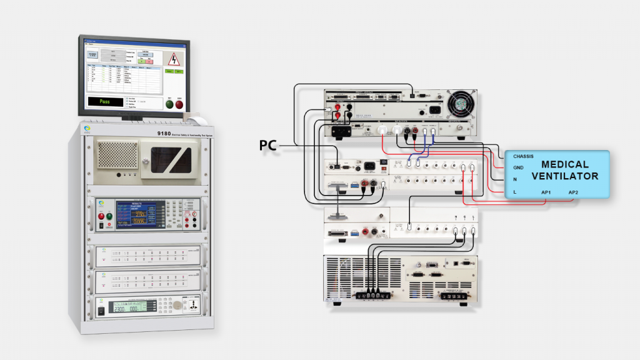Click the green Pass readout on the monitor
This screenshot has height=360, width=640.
pos(105,101)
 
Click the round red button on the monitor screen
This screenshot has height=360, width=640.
pos(180,104)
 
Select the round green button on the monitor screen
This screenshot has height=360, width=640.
pos(169,104)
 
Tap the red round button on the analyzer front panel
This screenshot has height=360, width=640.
pos(101,216)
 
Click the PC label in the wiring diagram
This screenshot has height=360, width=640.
pos(267,146)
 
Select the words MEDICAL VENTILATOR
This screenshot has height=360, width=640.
pos(564,169)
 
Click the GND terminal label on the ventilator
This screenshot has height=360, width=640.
pos(518,167)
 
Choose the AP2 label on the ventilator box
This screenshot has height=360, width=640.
pos(574,191)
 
